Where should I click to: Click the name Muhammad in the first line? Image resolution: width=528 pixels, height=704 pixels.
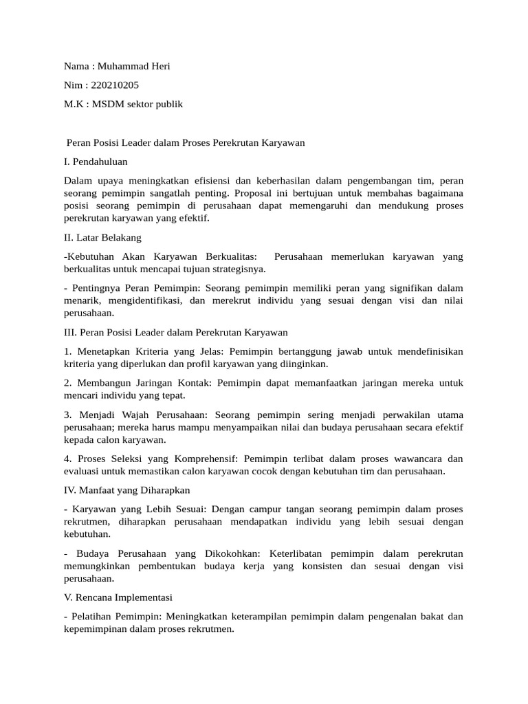(123, 66)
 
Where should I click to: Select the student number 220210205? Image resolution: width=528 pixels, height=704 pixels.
(115, 85)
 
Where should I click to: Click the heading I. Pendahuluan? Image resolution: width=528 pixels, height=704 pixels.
(95, 162)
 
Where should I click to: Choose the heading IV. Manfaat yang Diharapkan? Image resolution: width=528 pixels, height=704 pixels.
(126, 490)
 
